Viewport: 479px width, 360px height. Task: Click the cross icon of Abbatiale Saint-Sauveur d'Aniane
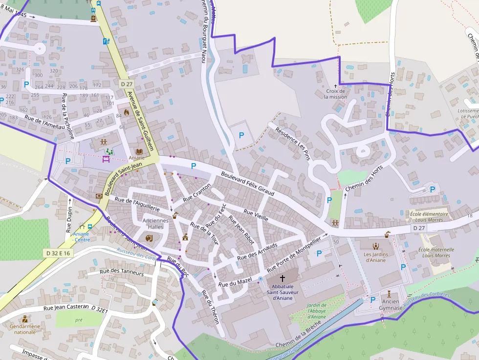tap(282, 278)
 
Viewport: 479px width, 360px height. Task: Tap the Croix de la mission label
tap(335, 94)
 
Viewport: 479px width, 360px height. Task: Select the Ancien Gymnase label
tap(390, 305)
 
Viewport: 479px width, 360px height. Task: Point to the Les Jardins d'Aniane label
tap(375, 257)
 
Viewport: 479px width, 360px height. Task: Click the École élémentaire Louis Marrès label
tap(429, 217)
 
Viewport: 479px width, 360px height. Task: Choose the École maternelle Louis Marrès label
tap(436, 253)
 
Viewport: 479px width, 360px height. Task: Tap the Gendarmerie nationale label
tap(25, 329)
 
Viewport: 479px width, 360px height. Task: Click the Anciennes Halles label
tap(155, 224)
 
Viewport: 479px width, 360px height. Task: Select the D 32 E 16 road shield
tap(58, 253)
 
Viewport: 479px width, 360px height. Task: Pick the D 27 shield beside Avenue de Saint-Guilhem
tap(126, 84)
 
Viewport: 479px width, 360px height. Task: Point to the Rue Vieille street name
tap(256, 215)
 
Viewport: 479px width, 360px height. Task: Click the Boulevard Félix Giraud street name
tap(247, 184)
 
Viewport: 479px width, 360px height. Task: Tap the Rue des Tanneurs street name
tap(122, 272)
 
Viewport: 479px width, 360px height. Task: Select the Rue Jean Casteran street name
tap(66, 308)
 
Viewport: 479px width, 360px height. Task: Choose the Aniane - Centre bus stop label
tap(81, 237)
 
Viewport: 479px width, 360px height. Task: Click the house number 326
tap(20, 70)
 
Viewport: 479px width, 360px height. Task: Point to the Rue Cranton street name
tap(197, 193)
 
